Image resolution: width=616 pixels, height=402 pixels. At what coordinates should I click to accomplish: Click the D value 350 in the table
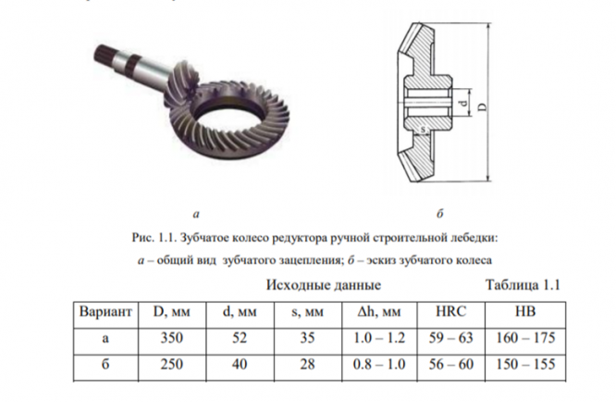point(171,338)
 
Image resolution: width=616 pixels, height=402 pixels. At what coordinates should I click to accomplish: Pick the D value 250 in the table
point(171,364)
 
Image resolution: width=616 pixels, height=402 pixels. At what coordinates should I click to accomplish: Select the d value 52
point(240,338)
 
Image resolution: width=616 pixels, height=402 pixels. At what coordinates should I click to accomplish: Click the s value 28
point(307,364)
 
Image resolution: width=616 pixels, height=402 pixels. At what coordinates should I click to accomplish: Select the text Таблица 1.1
point(524,284)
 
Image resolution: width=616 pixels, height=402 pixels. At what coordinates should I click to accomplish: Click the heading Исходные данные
point(324,284)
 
